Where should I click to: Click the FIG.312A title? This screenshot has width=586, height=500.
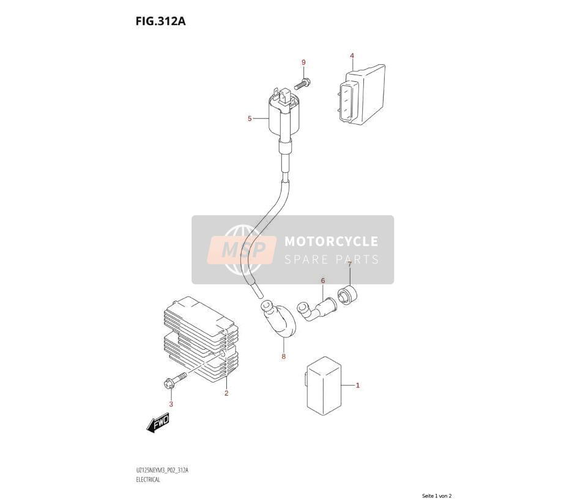click(x=160, y=21)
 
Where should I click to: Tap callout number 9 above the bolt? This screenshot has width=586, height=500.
click(x=303, y=62)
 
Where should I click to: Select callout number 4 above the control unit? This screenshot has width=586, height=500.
click(x=352, y=56)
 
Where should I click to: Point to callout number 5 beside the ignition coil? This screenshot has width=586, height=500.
click(x=250, y=119)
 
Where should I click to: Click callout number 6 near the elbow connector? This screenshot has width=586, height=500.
click(x=323, y=281)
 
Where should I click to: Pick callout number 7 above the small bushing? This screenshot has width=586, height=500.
click(x=350, y=265)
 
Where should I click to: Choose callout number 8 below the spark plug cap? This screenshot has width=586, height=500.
click(x=284, y=356)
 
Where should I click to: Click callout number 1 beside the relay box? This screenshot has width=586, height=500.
click(x=358, y=385)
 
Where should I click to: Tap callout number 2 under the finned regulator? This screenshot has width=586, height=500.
click(x=226, y=393)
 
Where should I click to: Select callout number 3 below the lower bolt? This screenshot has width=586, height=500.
click(x=171, y=404)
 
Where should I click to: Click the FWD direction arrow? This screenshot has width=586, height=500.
click(x=158, y=423)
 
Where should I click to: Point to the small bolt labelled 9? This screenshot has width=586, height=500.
click(x=303, y=83)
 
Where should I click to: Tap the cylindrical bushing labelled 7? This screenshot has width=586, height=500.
click(x=347, y=295)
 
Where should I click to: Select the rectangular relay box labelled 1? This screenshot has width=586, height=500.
click(x=324, y=386)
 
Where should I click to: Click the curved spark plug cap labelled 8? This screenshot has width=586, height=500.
click(x=278, y=318)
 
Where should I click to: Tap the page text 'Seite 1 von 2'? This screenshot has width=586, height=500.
click(x=437, y=496)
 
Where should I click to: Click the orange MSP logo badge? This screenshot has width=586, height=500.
click(x=242, y=250)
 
